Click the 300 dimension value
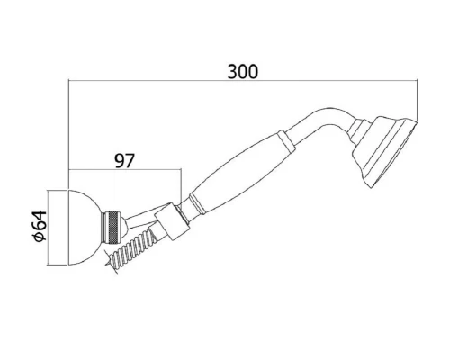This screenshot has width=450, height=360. (242, 72)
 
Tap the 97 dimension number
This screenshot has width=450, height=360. (125, 161)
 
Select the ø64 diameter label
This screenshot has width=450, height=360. (40, 226)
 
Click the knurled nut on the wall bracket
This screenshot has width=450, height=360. (112, 227)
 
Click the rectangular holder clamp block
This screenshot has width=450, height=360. (172, 221)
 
